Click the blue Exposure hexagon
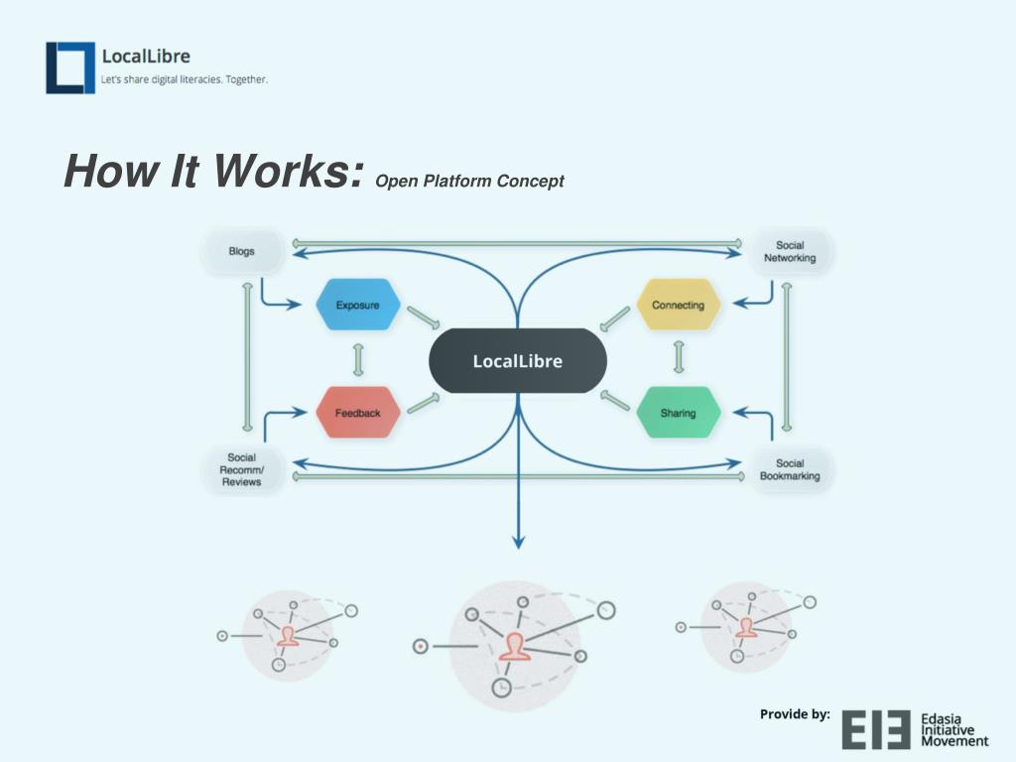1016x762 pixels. [x=357, y=305]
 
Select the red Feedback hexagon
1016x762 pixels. [x=357, y=413]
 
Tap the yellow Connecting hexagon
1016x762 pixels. [x=678, y=305]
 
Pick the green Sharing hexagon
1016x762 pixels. [x=678, y=413]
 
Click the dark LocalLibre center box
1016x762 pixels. [x=517, y=361]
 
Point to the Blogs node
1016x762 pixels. [x=241, y=251]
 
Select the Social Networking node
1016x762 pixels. [x=790, y=251]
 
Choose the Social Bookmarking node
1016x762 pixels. [x=790, y=469]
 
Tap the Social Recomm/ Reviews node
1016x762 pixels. [x=241, y=469]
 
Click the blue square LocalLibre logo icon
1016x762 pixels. [x=69, y=67]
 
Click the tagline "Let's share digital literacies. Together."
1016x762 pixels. [x=185, y=79]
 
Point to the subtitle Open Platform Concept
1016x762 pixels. [x=469, y=181]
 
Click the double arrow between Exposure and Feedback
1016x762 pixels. [x=357, y=359]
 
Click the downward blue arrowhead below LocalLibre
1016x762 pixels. [x=517, y=541]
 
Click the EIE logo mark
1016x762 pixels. [x=876, y=729]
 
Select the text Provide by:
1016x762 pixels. [x=795, y=713]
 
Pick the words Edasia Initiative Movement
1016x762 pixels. [x=954, y=729]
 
